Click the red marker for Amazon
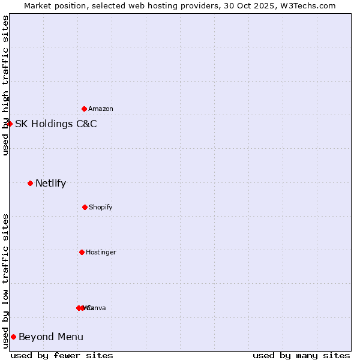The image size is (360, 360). tap(85, 109)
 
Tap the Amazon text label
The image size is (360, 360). tap(101, 109)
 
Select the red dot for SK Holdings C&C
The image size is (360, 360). tap(10, 124)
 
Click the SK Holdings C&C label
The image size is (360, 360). tap(56, 124)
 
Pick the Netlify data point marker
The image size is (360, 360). tap(30, 183)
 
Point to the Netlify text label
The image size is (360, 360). tap(51, 184)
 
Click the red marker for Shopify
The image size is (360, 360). tap(85, 207)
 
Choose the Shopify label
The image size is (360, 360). tap(101, 207)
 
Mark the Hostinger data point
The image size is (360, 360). tap(82, 252)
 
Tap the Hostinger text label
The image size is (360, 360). tap(101, 252)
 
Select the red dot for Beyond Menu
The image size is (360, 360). tap(13, 337)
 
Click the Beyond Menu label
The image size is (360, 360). tap(51, 337)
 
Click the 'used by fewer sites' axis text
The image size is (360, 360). tap(62, 355)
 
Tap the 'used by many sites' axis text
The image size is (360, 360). tap(301, 355)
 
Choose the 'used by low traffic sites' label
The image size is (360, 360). tap(5, 281)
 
